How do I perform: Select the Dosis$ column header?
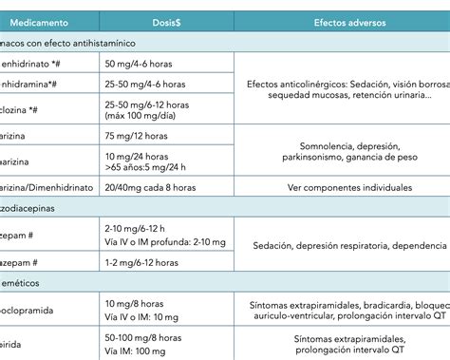coord(166,21)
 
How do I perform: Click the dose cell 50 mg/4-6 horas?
coord(139,63)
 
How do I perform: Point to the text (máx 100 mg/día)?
coord(145,115)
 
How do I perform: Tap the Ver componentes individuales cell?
coord(343,188)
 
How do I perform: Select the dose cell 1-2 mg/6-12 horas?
coord(143,262)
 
